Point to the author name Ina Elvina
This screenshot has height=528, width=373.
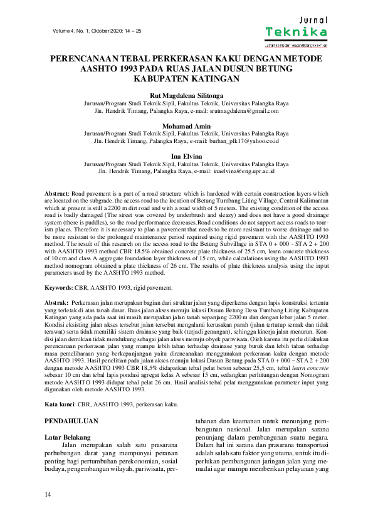[186, 155]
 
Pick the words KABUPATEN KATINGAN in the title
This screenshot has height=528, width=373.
[186, 79]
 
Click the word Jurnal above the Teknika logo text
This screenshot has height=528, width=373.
[312, 21]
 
